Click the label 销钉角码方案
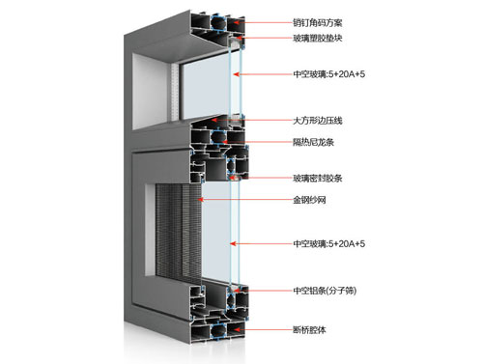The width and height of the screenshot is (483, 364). (x=324, y=20)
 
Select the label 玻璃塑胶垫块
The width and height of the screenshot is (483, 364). (x=324, y=38)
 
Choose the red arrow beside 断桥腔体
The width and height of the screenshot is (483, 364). (x=259, y=330)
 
